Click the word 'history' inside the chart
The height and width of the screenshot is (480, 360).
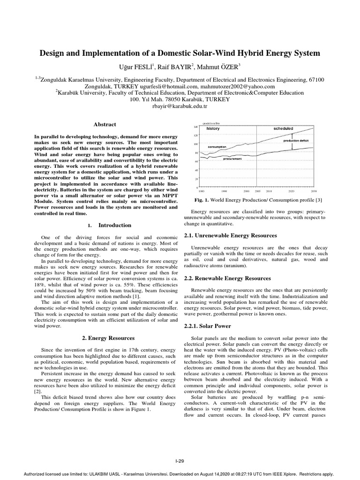pyautogui.click(x=213, y=128)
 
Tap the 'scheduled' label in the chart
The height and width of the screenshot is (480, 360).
pyautogui.click(x=284, y=128)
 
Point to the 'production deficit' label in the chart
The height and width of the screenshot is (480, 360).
pyautogui.click(x=296, y=140)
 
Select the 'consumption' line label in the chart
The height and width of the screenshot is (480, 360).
pyautogui.click(x=217, y=147)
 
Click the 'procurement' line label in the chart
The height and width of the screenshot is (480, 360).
pyautogui.click(x=232, y=159)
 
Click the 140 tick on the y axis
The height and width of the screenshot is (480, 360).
pyautogui.click(x=196, y=127)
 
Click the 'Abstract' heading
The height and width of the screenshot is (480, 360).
pyautogui.click(x=105, y=124)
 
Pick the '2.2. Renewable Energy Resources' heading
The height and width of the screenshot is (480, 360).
pyautogui.click(x=228, y=278)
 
